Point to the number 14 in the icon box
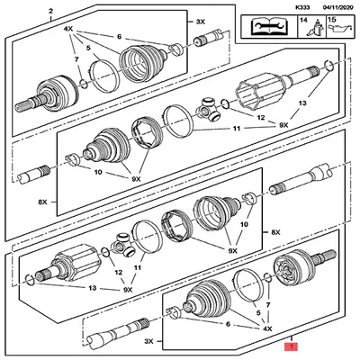point(302,20)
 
